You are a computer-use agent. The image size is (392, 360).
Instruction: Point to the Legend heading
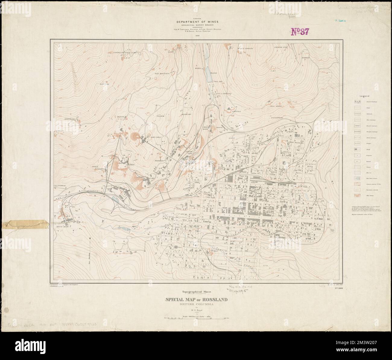pos(362,96)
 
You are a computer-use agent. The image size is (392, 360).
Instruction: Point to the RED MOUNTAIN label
pos(163,73)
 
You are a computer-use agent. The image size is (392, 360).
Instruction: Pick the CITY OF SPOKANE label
pos(224,94)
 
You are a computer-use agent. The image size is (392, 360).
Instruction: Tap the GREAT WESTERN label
pos(296,142)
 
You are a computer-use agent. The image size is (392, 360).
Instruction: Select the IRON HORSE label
pos(277,106)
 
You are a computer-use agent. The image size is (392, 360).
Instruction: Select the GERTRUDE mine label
pos(69,119)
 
